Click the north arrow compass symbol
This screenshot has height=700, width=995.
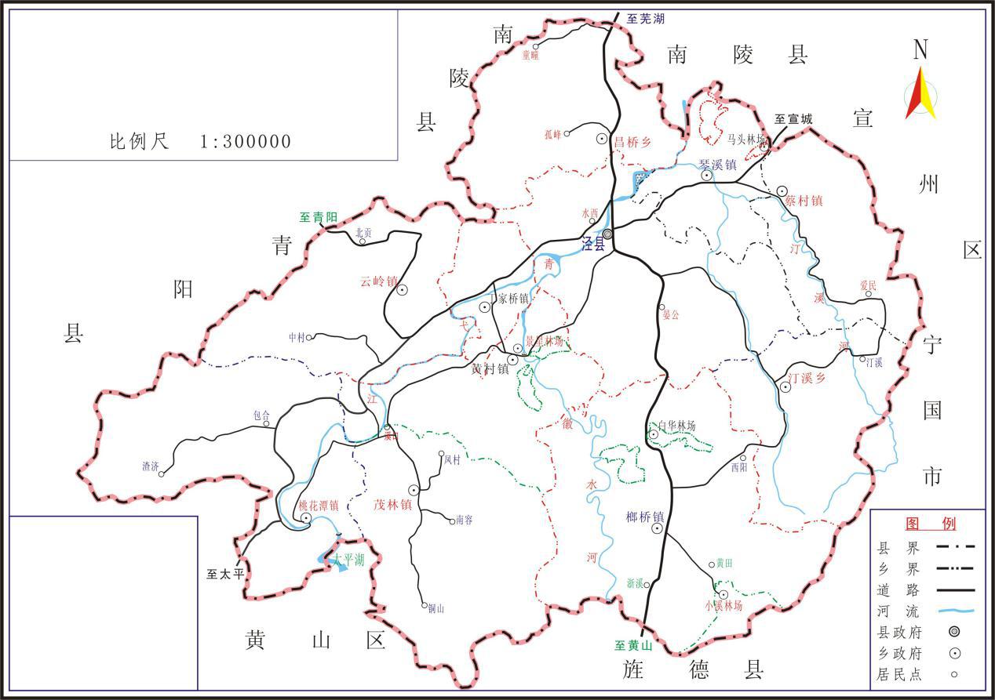tap(920, 90)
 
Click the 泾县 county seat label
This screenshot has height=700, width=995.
tap(593, 244)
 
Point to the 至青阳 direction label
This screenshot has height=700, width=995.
tap(319, 217)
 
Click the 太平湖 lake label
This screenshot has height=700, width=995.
tap(348, 560)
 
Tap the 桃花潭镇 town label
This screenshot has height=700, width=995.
tap(319, 506)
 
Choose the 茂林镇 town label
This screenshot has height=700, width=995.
tap(392, 506)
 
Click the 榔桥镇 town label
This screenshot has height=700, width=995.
tap(645, 517)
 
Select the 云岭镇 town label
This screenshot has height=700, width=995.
tap(379, 281)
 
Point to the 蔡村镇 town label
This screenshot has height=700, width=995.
tap(804, 200)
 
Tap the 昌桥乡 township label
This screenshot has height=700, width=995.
tap(633, 142)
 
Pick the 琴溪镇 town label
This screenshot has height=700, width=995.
tap(717, 165)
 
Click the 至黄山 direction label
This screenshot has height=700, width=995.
tap(633, 646)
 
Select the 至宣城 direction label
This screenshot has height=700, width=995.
tap(793, 119)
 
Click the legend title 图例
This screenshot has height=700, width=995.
tap(931, 524)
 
